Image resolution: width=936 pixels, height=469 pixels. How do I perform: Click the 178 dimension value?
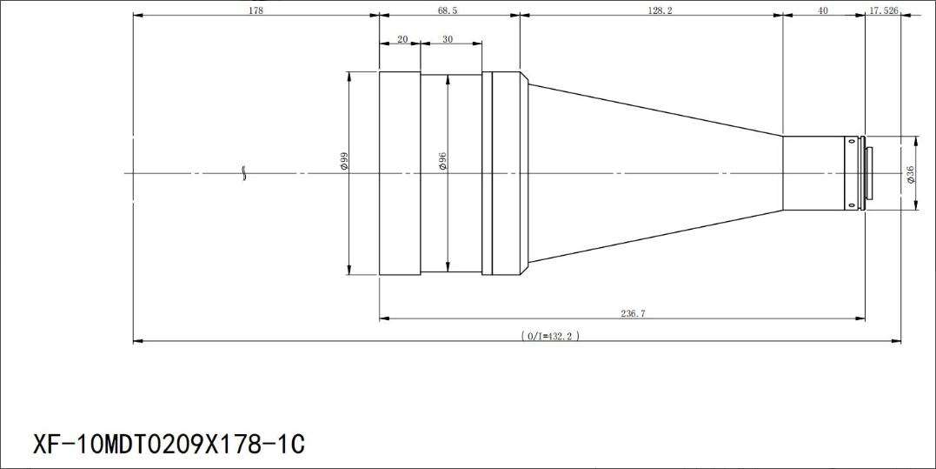(x=256, y=10)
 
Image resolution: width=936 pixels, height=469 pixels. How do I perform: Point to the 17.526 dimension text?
(x=884, y=10)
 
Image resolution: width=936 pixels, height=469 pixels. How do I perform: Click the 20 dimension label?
(x=402, y=39)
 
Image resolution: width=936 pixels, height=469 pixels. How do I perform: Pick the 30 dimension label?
(x=447, y=39)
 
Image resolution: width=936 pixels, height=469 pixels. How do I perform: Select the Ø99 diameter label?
(x=343, y=161)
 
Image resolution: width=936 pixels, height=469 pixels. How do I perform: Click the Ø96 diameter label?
(x=442, y=161)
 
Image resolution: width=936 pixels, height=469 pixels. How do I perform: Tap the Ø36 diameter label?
(x=909, y=174)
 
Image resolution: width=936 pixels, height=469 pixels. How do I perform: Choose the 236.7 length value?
(x=634, y=313)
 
